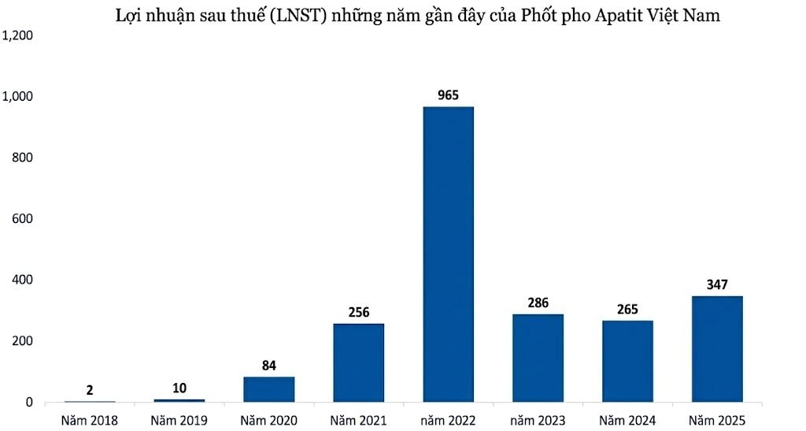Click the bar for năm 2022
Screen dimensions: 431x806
(x=449, y=254)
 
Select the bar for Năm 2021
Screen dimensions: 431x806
(x=359, y=362)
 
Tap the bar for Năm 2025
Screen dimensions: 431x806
(x=717, y=348)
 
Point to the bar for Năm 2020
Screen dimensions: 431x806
(x=269, y=389)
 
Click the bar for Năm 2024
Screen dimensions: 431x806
(x=627, y=361)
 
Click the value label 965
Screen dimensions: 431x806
(x=449, y=96)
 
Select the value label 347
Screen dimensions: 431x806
(x=717, y=285)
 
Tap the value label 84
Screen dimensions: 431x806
(x=269, y=366)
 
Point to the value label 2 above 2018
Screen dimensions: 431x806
(x=90, y=390)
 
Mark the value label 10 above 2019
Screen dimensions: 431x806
(x=179, y=388)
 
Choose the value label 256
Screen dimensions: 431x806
(x=359, y=312)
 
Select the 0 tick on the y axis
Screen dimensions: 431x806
(x=28, y=403)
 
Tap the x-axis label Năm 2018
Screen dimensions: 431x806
(x=90, y=421)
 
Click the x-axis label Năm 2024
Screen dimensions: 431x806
(x=627, y=421)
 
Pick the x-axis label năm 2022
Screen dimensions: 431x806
(x=449, y=421)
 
